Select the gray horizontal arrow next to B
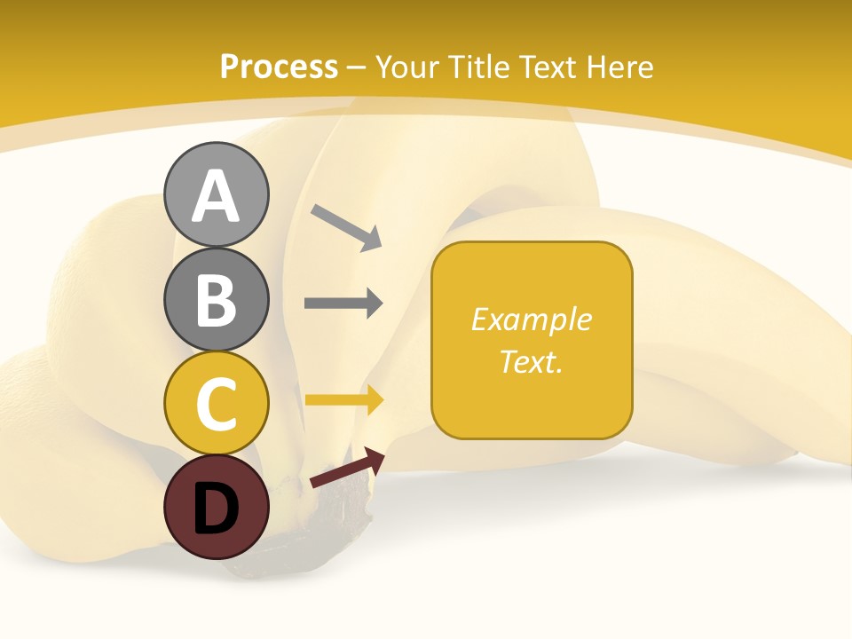tap(343, 303)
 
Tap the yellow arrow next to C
tap(343, 400)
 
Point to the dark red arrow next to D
tap(347, 469)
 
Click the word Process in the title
tap(279, 67)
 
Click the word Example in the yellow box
tap(531, 319)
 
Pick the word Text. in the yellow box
tap(531, 361)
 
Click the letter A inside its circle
tap(216, 197)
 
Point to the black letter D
tap(216, 509)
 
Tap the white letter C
tap(216, 405)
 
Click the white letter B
tap(216, 300)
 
